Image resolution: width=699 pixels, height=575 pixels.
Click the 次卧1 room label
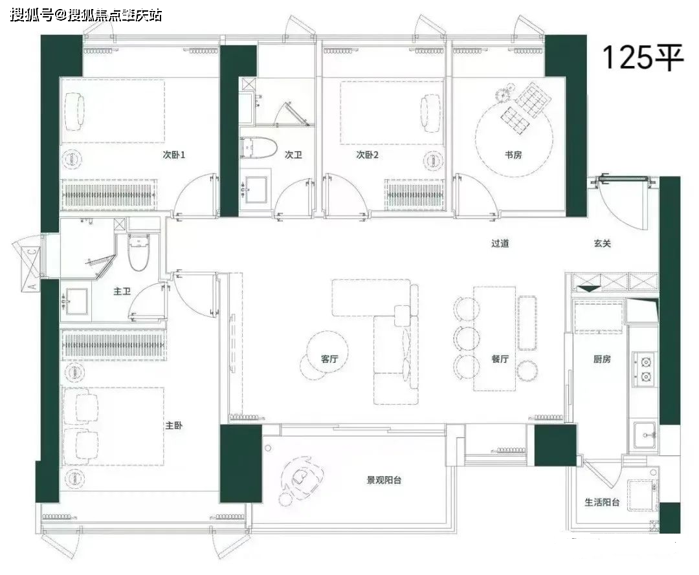173,155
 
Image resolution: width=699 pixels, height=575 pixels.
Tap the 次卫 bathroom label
293,155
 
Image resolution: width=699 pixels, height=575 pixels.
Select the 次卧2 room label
368,155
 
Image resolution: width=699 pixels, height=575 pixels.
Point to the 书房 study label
513,155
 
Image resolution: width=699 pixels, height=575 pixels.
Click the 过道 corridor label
500,244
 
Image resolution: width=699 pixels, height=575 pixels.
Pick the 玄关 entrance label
603,244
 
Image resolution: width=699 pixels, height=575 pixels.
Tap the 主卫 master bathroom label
122,291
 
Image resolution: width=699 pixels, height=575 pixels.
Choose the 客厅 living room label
329,359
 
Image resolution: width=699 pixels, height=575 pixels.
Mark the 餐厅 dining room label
500,359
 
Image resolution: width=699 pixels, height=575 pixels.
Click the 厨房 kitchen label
602,359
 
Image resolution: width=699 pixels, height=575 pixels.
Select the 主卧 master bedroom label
174,426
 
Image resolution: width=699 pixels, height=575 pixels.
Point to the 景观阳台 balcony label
384,480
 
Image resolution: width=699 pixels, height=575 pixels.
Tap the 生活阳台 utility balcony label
603,503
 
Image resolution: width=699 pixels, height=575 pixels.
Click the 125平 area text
643,58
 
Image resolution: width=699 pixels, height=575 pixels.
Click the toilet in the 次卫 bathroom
258,147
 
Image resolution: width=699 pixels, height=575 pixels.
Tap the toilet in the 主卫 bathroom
140,252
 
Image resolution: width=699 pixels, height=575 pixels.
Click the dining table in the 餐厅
494,338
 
